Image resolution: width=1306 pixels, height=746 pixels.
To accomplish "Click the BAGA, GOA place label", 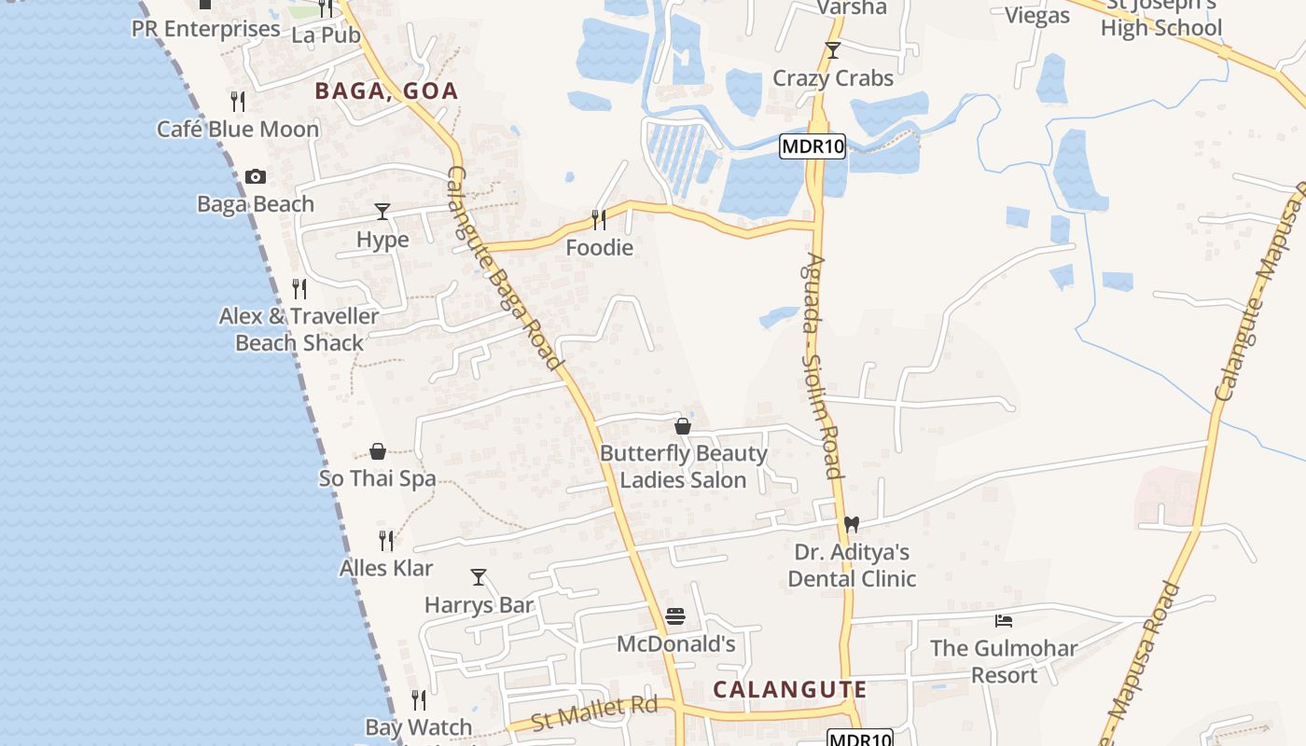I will pos(386,91).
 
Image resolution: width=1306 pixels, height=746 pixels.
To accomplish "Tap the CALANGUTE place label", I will pos(790,690).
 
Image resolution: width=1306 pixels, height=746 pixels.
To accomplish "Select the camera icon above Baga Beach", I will pos(255,176).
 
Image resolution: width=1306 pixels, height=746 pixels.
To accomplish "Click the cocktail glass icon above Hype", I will pos(382,212).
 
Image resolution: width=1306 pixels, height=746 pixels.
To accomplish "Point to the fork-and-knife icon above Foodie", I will pos(598,220).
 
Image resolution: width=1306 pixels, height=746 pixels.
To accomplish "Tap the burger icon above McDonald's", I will pos(675,616).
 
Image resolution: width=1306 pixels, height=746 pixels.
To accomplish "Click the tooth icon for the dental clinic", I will pos(851,525).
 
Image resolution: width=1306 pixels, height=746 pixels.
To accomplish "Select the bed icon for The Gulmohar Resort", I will pos(1004,620).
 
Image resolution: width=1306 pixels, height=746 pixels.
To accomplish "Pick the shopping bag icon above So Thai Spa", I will pos(378,451).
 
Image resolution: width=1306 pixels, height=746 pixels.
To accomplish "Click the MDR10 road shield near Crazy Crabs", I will pos(813,146).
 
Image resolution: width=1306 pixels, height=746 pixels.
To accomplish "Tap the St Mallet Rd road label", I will pos(594,714).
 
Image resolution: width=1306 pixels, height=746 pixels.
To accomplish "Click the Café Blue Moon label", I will pos(238,130).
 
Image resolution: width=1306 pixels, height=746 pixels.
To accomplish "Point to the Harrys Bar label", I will pos(479,605).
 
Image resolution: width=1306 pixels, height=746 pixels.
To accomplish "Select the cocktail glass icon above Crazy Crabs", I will pos(833,50).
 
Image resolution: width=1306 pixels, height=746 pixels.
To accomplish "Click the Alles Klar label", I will pos(386,568).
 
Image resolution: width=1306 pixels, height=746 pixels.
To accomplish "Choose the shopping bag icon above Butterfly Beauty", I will pos(683,426).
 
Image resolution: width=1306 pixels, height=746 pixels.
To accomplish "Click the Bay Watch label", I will pos(419,727).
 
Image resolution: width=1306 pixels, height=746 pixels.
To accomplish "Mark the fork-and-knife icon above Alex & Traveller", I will pos(299,289).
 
